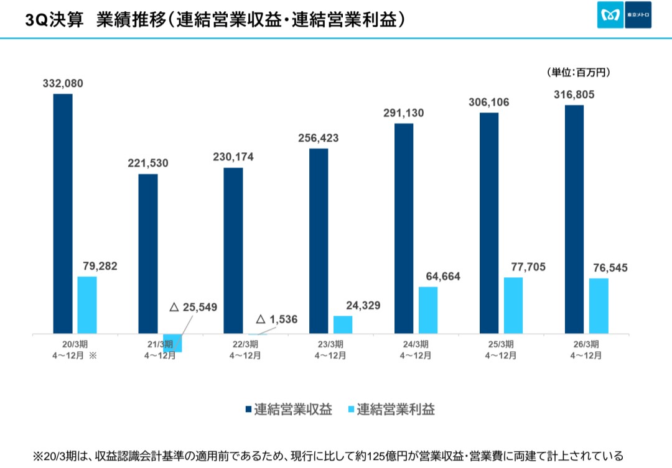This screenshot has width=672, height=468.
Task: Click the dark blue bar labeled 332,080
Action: point(63,214)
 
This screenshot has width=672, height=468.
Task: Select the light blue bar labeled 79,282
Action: point(87,305)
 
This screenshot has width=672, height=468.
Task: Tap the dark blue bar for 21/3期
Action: point(148,254)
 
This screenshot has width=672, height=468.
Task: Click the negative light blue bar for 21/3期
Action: point(172,343)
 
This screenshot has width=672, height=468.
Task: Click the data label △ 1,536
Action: point(277,319)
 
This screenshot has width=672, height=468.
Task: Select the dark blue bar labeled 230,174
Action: point(233,251)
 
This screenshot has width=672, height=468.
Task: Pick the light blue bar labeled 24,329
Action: point(343,325)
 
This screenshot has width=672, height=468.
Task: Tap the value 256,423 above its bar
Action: point(318,138)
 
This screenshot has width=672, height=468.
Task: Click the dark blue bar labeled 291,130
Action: point(404,229)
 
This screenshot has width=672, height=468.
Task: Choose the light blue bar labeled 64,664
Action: point(428,311)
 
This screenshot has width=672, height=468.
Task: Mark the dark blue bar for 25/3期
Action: point(489,224)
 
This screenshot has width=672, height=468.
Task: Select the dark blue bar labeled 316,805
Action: point(574,220)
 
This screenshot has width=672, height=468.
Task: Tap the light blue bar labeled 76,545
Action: point(599,306)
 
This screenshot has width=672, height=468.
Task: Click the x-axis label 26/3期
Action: point(586,345)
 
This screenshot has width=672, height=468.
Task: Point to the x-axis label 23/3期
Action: point(330,345)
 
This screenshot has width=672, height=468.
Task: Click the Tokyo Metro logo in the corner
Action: point(624,15)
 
